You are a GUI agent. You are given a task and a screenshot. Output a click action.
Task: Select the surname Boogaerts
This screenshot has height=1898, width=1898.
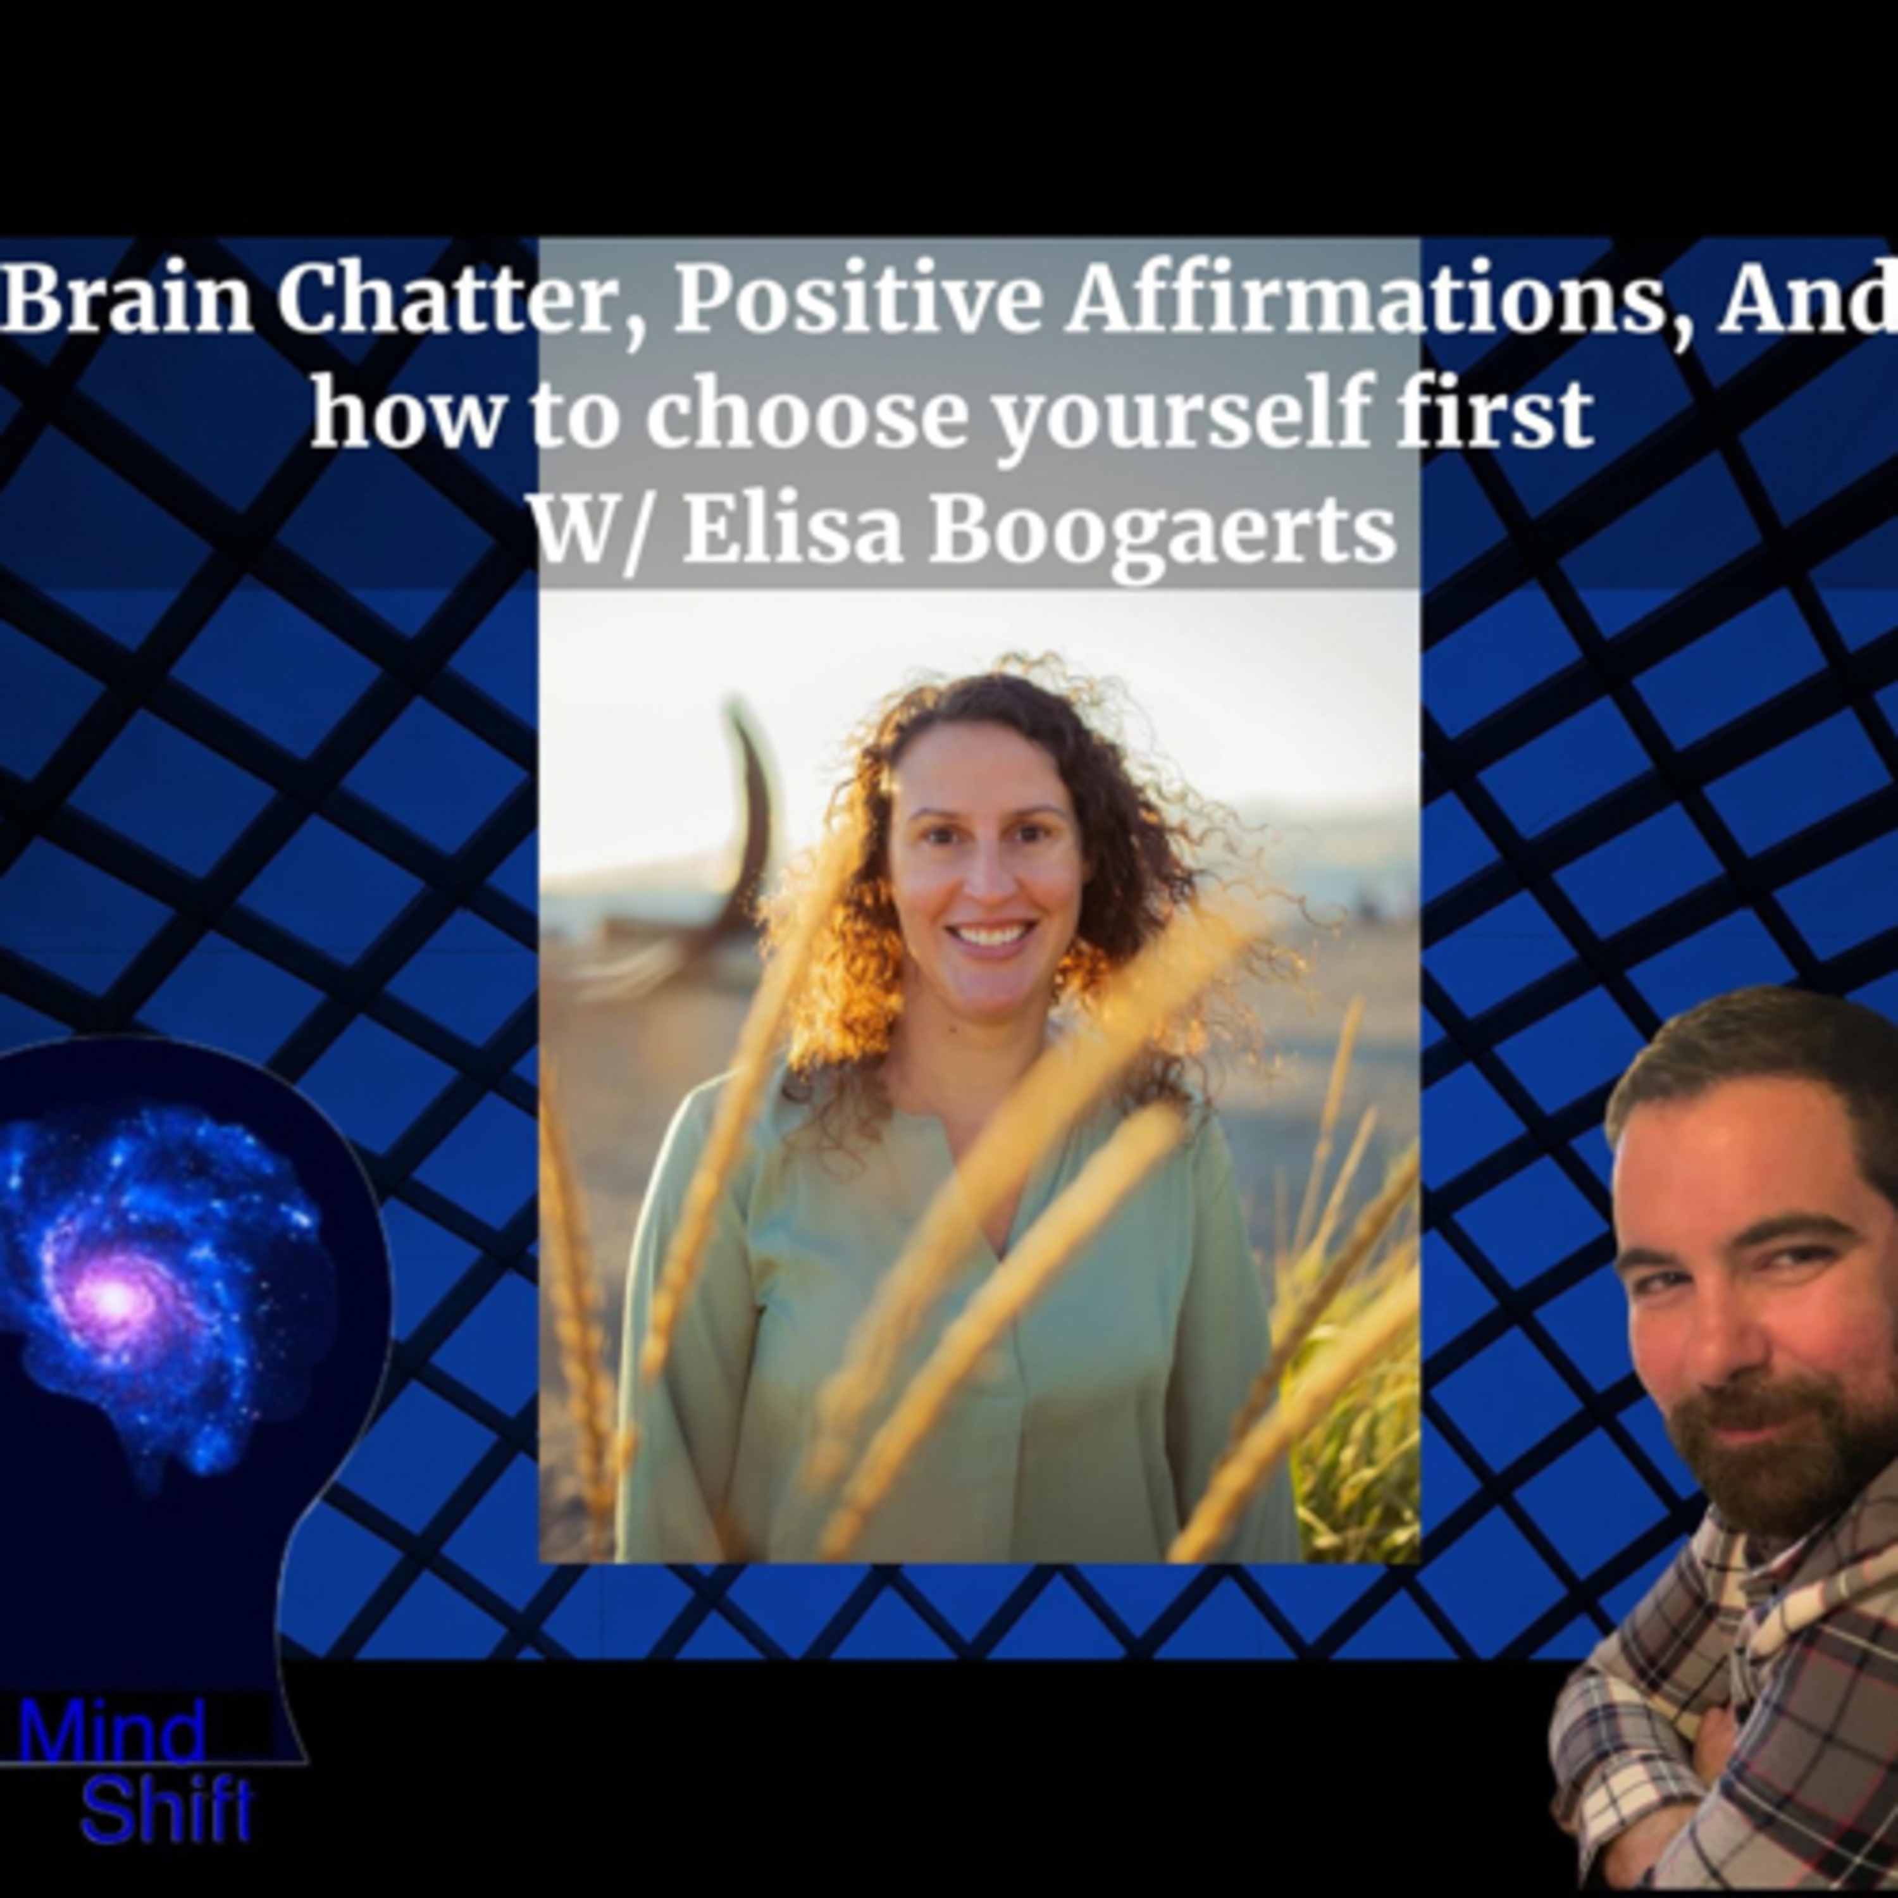pos(1163,531)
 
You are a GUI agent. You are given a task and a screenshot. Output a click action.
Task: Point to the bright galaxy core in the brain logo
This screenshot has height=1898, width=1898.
pos(115,1299)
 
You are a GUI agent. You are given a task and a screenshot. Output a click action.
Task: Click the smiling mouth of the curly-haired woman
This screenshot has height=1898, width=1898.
pos(990,935)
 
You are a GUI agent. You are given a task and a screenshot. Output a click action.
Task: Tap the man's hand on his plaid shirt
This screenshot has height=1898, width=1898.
pos(1709,1768)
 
